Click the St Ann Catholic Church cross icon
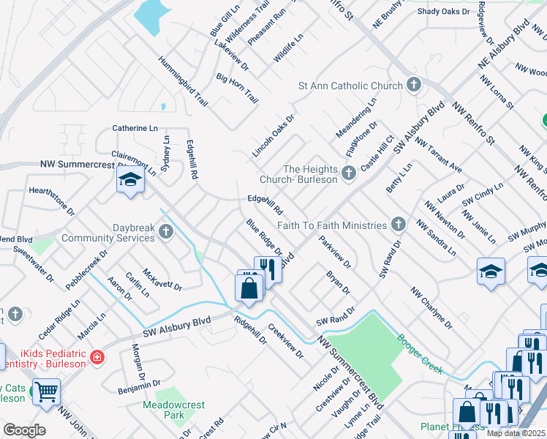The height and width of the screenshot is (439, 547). pos(413,86)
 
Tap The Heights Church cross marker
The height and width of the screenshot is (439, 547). pos(349,173)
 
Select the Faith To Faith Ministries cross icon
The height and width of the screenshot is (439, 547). pos(398,224)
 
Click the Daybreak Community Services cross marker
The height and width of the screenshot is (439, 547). pos(166,233)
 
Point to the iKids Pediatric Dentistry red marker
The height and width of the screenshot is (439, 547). pos(97,338)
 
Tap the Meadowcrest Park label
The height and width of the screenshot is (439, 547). pos(174,409)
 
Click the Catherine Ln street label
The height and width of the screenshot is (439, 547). pos(135,128)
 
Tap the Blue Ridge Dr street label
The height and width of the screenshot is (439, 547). pos(263,237)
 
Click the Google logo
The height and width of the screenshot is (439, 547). pos(24,429)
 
